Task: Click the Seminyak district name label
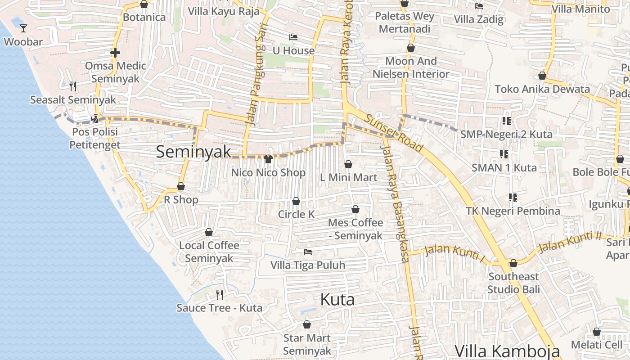click(x=193, y=152)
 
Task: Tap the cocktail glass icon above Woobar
click(x=23, y=28)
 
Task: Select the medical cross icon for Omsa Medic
click(x=115, y=53)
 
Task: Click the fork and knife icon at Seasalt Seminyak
click(x=73, y=86)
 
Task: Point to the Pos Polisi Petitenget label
click(x=95, y=138)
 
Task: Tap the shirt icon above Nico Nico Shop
click(x=268, y=159)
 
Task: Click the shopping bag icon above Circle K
click(x=296, y=201)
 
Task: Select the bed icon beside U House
click(x=293, y=37)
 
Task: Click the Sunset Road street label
click(x=394, y=133)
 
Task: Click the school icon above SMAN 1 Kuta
click(x=504, y=154)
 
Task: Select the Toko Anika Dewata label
click(x=542, y=89)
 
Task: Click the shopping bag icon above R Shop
click(x=181, y=186)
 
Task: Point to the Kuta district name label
click(x=337, y=299)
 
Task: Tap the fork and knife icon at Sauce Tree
click(x=220, y=295)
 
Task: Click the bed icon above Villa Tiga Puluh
click(x=308, y=252)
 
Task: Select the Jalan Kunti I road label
click(x=454, y=252)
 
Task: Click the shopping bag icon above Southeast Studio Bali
click(x=513, y=263)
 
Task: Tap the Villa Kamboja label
click(x=507, y=351)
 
